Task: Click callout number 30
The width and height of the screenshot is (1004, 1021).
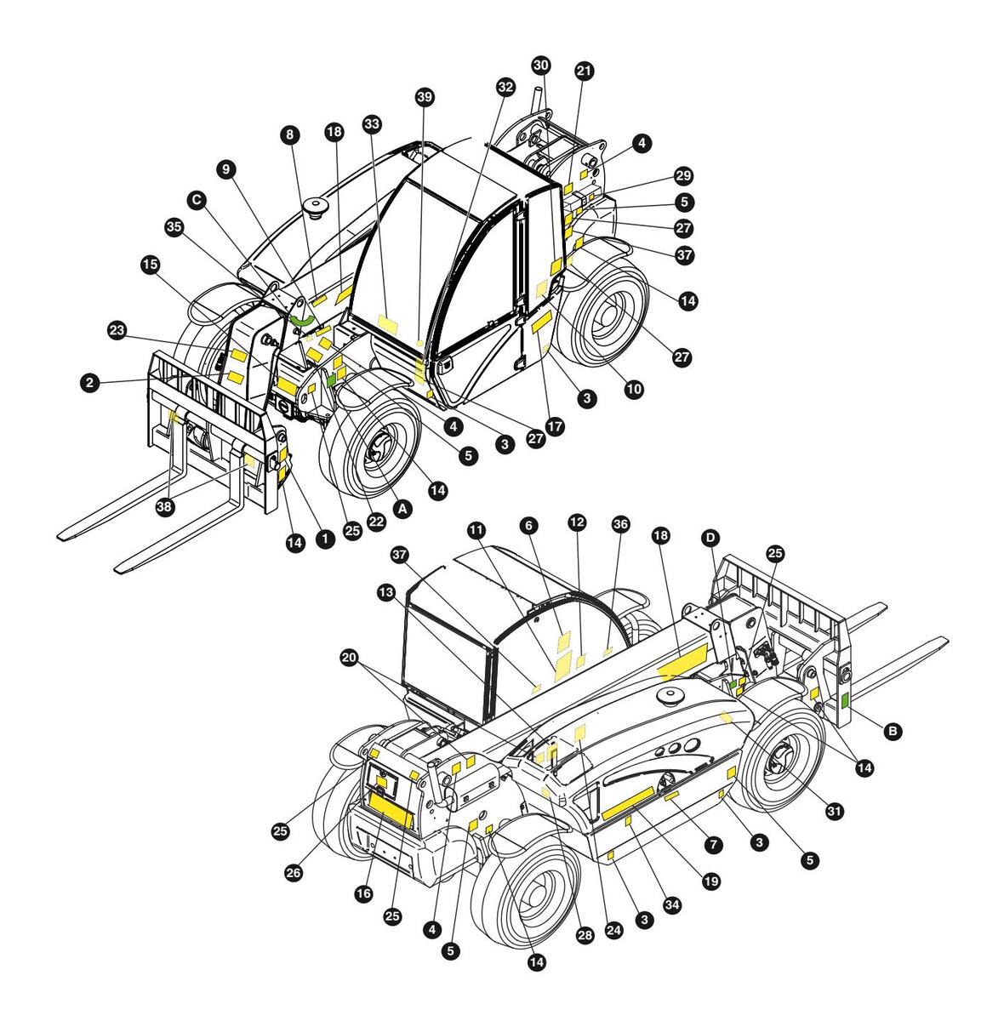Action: (541, 66)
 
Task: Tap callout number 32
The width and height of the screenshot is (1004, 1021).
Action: (505, 87)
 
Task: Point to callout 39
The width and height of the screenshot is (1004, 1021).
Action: (425, 97)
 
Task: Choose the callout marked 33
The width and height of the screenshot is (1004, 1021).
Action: (371, 123)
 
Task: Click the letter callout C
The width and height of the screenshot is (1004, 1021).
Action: (197, 200)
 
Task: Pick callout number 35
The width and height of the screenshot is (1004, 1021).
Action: (174, 227)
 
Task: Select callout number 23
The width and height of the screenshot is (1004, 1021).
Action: (117, 328)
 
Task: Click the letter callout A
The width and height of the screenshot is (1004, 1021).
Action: (403, 508)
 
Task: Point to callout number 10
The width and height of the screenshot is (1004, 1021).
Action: (633, 389)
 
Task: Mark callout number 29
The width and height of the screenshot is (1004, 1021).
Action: (683, 176)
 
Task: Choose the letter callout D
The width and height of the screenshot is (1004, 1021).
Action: (710, 538)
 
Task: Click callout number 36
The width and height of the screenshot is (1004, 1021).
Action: (619, 525)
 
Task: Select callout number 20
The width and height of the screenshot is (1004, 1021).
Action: (348, 658)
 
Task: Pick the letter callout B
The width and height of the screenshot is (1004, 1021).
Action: (893, 730)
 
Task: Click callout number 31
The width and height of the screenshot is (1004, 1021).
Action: (834, 812)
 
